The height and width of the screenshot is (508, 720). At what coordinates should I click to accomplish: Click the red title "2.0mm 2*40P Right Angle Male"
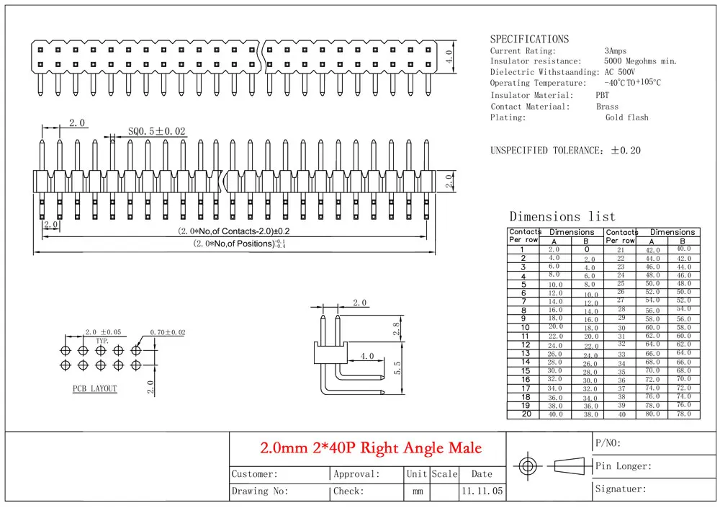(x=371, y=447)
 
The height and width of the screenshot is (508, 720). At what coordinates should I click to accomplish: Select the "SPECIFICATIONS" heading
(x=529, y=39)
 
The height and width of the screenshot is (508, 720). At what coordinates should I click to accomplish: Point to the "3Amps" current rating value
(x=616, y=51)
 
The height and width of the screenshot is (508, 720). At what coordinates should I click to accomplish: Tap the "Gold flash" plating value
(x=627, y=117)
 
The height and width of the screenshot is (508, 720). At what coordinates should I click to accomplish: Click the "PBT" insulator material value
(x=602, y=95)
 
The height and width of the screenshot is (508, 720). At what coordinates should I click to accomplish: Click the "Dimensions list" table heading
(x=562, y=217)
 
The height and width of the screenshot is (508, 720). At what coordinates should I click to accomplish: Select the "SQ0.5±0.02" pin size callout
(x=156, y=131)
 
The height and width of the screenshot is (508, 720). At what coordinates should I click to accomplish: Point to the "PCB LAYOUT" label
(x=94, y=388)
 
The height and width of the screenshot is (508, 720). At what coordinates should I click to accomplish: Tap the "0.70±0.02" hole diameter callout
(x=168, y=332)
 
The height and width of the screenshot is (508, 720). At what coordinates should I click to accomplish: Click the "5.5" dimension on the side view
(x=397, y=367)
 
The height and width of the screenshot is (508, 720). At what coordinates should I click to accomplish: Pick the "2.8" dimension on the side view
(x=397, y=329)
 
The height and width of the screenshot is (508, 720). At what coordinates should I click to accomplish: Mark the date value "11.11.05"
(x=482, y=491)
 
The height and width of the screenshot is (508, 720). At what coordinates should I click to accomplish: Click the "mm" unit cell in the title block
(x=418, y=491)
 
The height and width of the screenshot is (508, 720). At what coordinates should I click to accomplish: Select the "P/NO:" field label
(x=608, y=443)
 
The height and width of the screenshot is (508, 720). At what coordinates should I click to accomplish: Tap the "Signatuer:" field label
(x=621, y=489)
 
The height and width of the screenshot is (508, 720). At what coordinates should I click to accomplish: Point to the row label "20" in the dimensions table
(x=526, y=414)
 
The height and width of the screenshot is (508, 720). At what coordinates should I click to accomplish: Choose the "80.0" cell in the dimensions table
(x=652, y=414)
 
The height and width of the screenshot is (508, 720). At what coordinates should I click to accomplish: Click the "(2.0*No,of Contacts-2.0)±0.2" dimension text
(x=234, y=231)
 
